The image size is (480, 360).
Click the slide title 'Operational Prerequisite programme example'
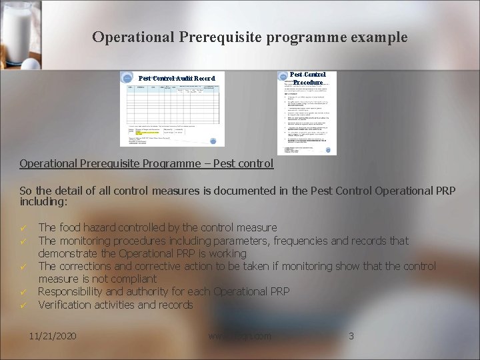[250, 37]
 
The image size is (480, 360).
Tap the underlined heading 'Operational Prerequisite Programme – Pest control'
[146, 163]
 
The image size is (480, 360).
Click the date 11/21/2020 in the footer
[53, 336]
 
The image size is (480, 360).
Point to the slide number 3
[351, 336]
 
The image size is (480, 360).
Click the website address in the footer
[239, 336]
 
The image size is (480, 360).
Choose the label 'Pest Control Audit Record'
[177, 78]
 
